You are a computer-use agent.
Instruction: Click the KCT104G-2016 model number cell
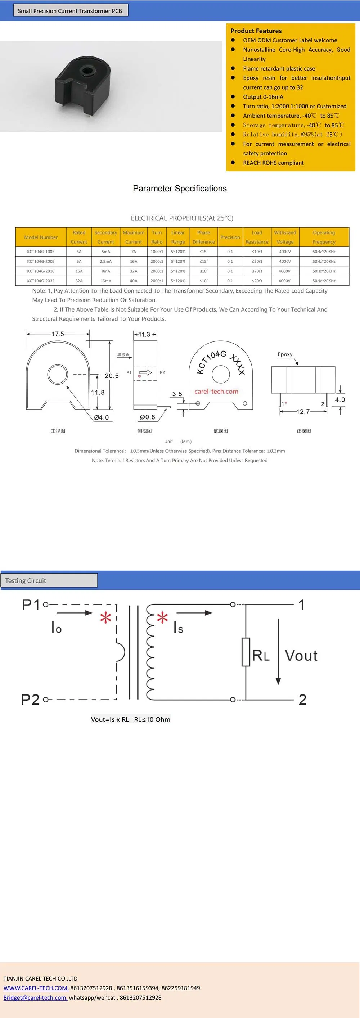pos(41,271)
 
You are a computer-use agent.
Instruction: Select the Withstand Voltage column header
pos(285,237)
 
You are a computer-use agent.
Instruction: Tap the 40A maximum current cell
pos(134,281)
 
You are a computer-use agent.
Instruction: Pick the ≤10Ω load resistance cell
pos(257,252)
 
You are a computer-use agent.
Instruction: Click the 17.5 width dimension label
pos(58,334)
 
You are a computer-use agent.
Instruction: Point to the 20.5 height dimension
pos(112,376)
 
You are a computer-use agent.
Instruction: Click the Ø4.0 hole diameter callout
pos(101,418)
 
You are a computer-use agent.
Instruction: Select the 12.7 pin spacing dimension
pos(303,412)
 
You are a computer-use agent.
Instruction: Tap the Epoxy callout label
pos(285,354)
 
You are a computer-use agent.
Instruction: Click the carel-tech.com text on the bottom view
pos(216,391)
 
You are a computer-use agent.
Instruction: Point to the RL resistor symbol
pos(246,652)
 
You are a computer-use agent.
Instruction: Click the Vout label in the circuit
pos(301,656)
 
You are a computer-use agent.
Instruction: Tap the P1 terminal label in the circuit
pos(31,605)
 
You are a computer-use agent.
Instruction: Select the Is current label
pos(178,628)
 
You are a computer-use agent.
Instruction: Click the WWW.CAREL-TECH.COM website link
pos(36,988)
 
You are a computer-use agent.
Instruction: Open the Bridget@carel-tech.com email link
pos(35,997)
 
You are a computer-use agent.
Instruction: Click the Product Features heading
pos(256,31)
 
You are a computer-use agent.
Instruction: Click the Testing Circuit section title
pos(26,580)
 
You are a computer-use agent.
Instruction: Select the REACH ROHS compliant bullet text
pos(273,163)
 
